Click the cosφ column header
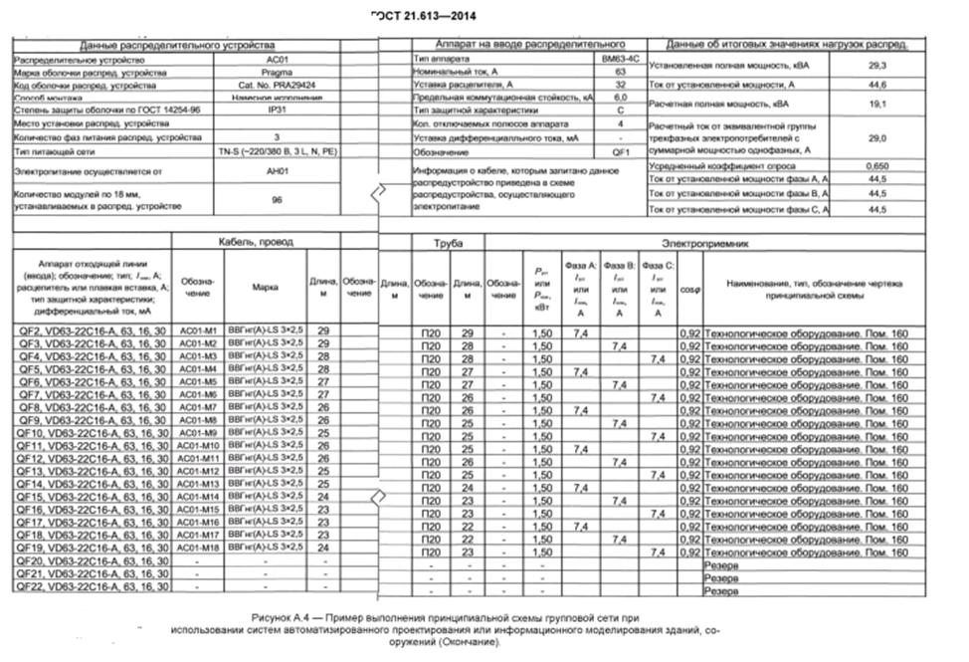pos(688,290)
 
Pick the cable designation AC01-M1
pos(198,331)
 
